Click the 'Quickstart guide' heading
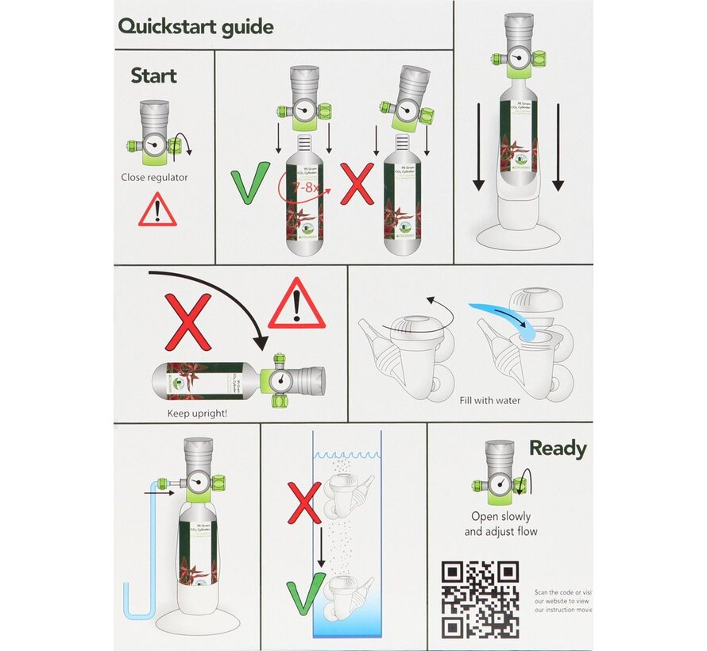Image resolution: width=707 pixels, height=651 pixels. click(x=195, y=26)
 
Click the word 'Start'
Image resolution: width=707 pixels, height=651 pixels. click(x=153, y=76)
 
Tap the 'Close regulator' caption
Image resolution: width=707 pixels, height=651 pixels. click(x=155, y=178)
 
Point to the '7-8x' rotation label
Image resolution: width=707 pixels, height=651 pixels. click(x=306, y=187)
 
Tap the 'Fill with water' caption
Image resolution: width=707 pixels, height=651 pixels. click(x=489, y=400)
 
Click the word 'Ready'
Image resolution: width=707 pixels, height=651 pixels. click(x=558, y=449)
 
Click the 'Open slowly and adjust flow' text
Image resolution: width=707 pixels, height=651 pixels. click(x=500, y=524)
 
